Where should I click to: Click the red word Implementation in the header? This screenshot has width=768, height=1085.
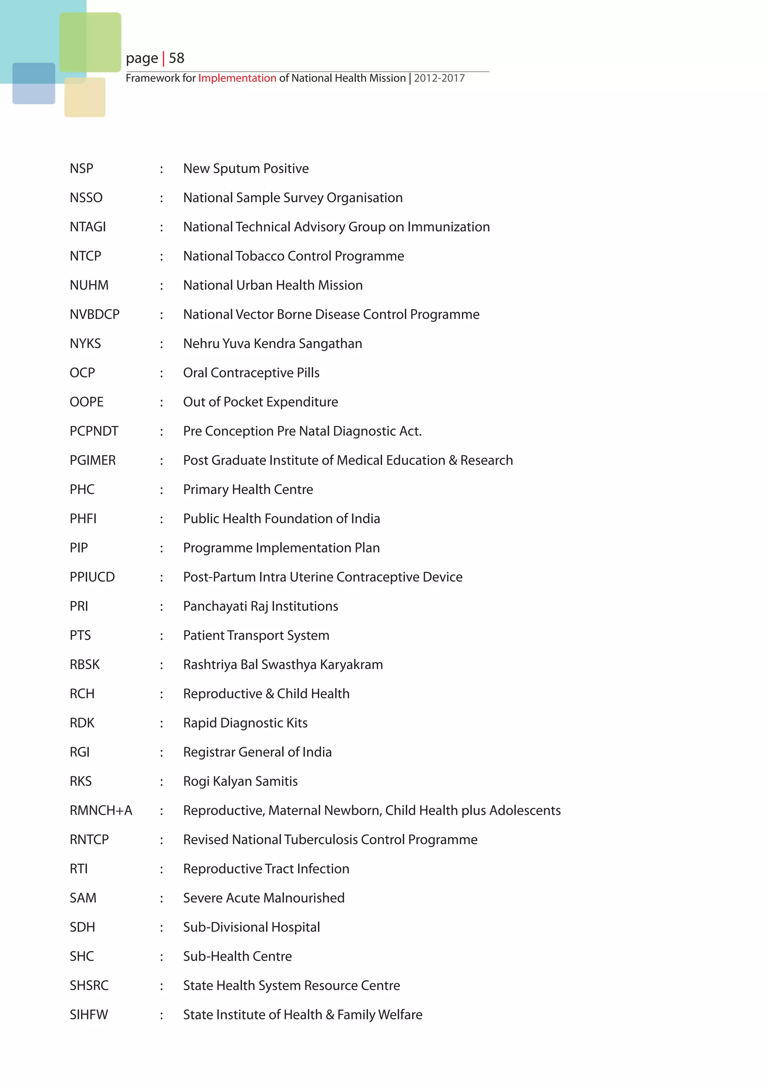point(237,78)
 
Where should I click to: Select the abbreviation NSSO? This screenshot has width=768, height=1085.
point(86,197)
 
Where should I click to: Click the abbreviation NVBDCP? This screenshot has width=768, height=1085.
point(94,314)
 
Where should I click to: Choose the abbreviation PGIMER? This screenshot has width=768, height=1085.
point(93,460)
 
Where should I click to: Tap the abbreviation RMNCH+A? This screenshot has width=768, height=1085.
point(101,810)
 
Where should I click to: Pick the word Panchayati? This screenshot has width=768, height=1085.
point(215,606)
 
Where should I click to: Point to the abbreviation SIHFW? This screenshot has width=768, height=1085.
point(89,1015)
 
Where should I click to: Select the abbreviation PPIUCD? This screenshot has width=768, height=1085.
point(92,577)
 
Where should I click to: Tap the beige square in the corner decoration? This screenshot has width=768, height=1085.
point(85,98)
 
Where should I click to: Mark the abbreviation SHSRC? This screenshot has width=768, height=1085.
point(89,985)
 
